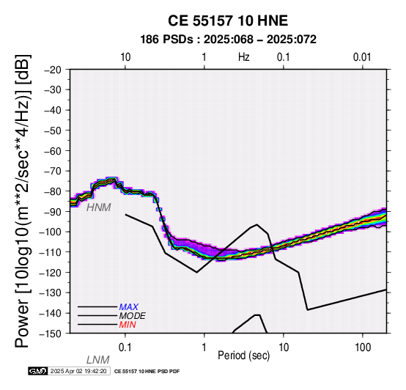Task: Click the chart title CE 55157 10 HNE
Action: pyautogui.click(x=228, y=21)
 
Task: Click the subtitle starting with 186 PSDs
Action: pyautogui.click(x=228, y=40)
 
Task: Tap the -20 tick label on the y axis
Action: pyautogui.click(x=53, y=70)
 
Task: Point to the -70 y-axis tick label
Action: pyautogui.click(x=53, y=171)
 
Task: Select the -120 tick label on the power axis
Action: pyautogui.click(x=51, y=273)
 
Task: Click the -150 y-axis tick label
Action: pyautogui.click(x=51, y=334)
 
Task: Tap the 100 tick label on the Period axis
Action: pyautogui.click(x=363, y=347)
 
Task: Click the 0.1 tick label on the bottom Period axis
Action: pyautogui.click(x=125, y=347)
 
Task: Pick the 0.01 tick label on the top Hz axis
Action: pyautogui.click(x=362, y=57)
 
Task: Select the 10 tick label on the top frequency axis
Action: pyautogui.click(x=125, y=57)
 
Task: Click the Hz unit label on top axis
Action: pyautogui.click(x=243, y=57)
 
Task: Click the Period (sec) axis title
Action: pyautogui.click(x=243, y=356)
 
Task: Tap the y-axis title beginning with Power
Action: pyautogui.click(x=22, y=201)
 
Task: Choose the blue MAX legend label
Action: pyautogui.click(x=129, y=307)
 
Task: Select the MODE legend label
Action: pyautogui.click(x=133, y=316)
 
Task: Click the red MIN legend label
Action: pyautogui.click(x=128, y=325)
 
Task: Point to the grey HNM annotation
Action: pyautogui.click(x=99, y=207)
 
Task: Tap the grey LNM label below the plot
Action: pyautogui.click(x=98, y=360)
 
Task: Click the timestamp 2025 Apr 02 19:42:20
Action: pyautogui.click(x=78, y=371)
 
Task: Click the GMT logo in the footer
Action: pyautogui.click(x=38, y=371)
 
